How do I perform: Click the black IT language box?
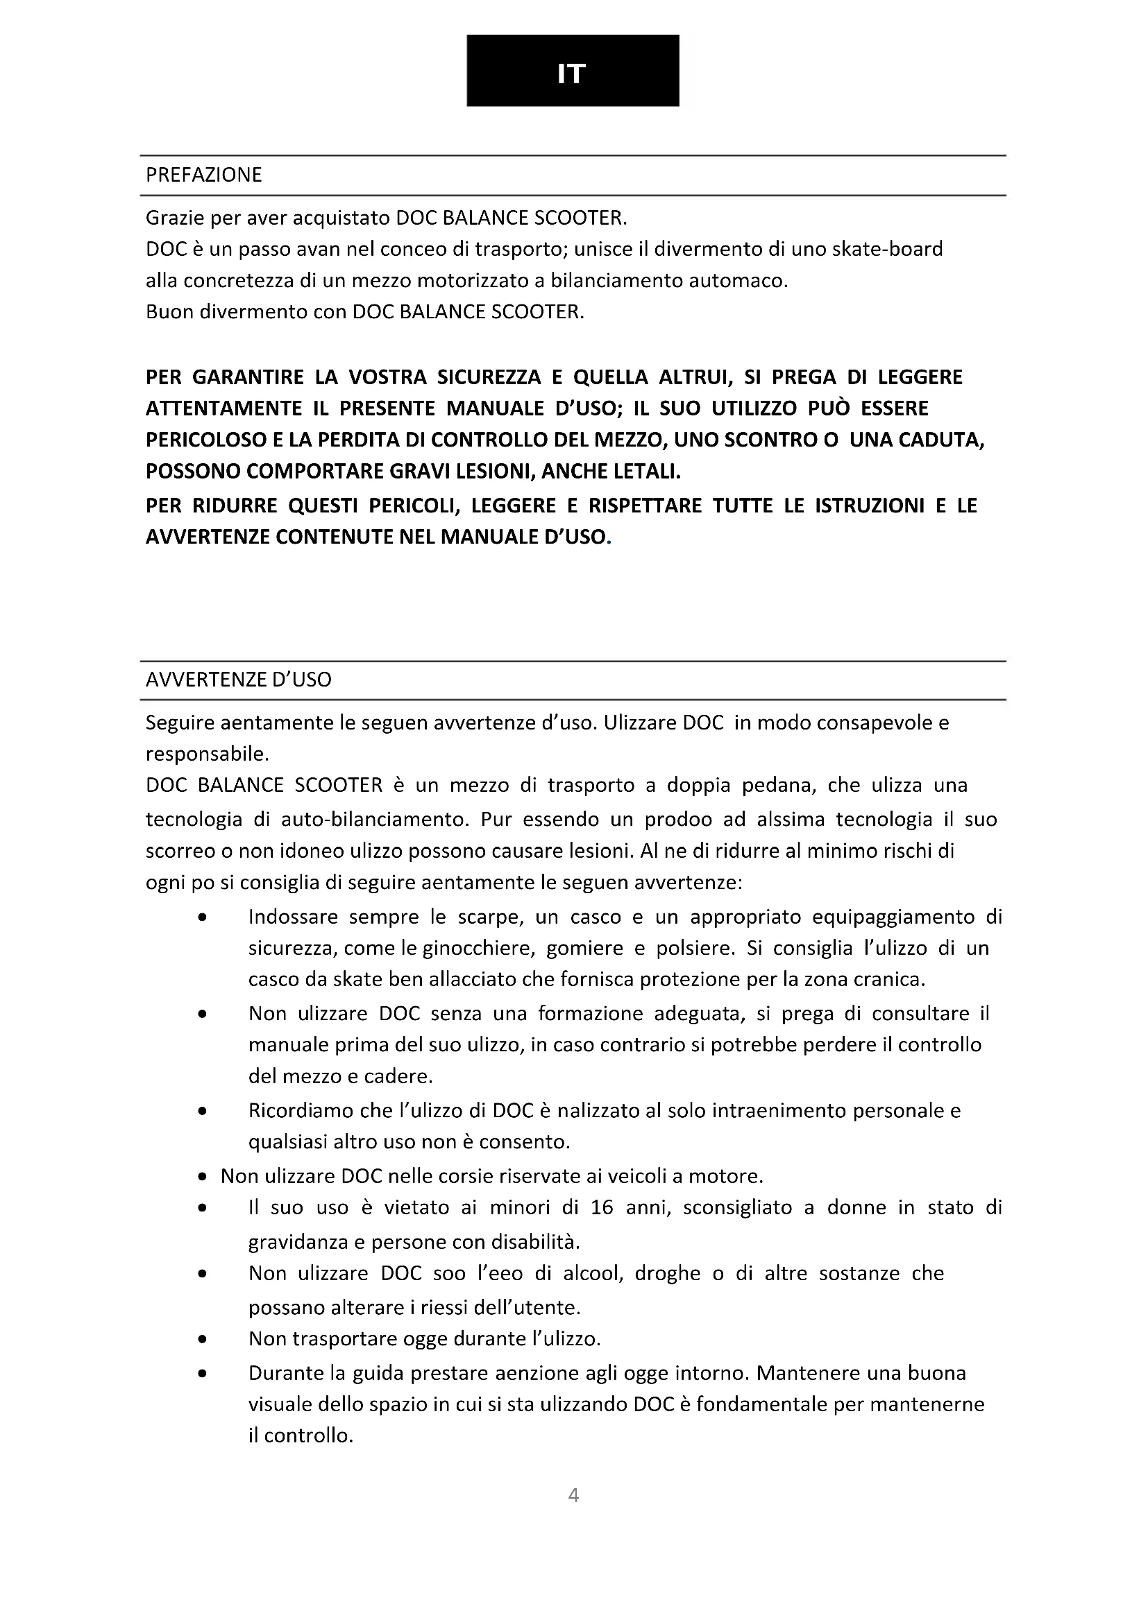click(573, 71)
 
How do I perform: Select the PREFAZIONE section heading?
click(203, 175)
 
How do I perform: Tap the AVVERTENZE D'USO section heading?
click(238, 680)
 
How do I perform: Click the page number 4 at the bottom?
click(573, 1495)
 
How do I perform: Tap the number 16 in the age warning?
click(602, 1207)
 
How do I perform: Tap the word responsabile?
click(207, 754)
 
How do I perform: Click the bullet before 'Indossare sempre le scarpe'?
click(203, 917)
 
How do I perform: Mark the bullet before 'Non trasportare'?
click(203, 1338)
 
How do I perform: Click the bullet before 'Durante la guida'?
click(203, 1373)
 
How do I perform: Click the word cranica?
click(887, 979)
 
